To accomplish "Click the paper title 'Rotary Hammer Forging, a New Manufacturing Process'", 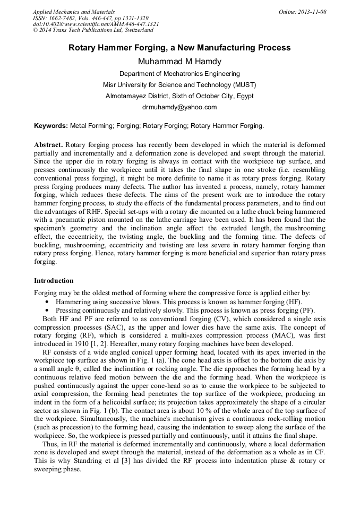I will [179, 48].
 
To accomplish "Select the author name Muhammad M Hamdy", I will [179, 61].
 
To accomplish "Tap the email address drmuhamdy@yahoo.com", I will [179, 107].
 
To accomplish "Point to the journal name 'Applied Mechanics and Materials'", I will [74, 12].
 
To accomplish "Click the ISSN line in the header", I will [90, 18].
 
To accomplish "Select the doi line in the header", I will [96, 24].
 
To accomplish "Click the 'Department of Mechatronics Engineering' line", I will [179, 74].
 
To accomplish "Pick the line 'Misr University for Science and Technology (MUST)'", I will [179, 85].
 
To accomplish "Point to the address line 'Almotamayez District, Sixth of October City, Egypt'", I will [179, 96].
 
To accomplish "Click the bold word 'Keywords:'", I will [51, 126].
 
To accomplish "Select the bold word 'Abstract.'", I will [49, 145].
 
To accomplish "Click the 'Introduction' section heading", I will [54, 281].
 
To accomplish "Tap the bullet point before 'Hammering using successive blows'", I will [47, 301].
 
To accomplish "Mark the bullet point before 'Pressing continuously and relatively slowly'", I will [47, 310].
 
